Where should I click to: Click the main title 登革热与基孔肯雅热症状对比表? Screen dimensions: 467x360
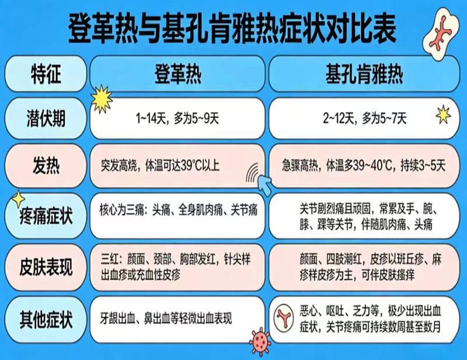pyautogui.click(x=232, y=30)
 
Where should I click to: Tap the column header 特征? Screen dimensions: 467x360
pyautogui.click(x=46, y=74)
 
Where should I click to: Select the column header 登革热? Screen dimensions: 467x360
pyautogui.click(x=178, y=74)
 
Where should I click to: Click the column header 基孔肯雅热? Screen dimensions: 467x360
pyautogui.click(x=364, y=74)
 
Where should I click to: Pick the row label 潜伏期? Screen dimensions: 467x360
pyautogui.click(x=46, y=118)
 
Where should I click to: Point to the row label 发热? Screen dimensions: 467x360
pyautogui.click(x=46, y=166)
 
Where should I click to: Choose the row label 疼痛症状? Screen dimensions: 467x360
pyautogui.click(x=46, y=216)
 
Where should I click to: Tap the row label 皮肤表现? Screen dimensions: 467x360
pyautogui.click(x=46, y=267)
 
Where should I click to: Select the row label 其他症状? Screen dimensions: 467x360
pyautogui.click(x=46, y=319)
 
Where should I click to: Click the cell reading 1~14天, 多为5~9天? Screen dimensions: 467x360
pyautogui.click(x=177, y=118)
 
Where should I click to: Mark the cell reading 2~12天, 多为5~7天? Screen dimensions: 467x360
pyautogui.click(x=365, y=118)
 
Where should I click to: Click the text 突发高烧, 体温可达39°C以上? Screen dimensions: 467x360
pyautogui.click(x=160, y=166)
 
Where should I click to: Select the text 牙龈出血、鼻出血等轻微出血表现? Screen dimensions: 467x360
pyautogui.click(x=166, y=319)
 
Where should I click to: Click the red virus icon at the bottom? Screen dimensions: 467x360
pyautogui.click(x=260, y=342)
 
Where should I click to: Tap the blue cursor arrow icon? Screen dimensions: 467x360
pyautogui.click(x=265, y=184)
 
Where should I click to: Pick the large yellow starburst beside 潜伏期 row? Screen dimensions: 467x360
pyautogui.click(x=102, y=99)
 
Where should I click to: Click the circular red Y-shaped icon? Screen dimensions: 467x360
pyautogui.click(x=283, y=318)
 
